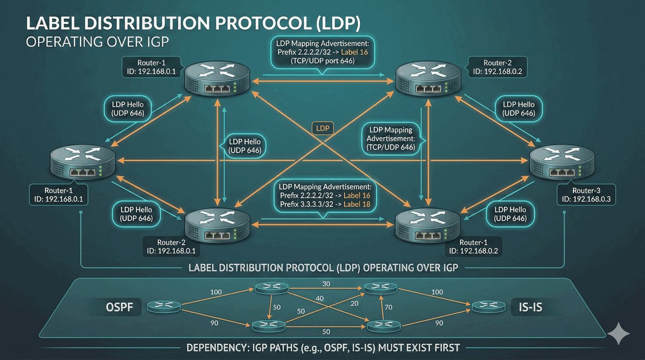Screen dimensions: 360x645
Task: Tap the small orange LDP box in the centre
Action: pos(322,128)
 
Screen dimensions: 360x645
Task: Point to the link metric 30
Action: pos(326,283)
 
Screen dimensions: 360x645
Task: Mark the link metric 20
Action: pos(354,303)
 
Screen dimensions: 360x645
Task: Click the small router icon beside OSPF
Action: pos(162,307)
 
